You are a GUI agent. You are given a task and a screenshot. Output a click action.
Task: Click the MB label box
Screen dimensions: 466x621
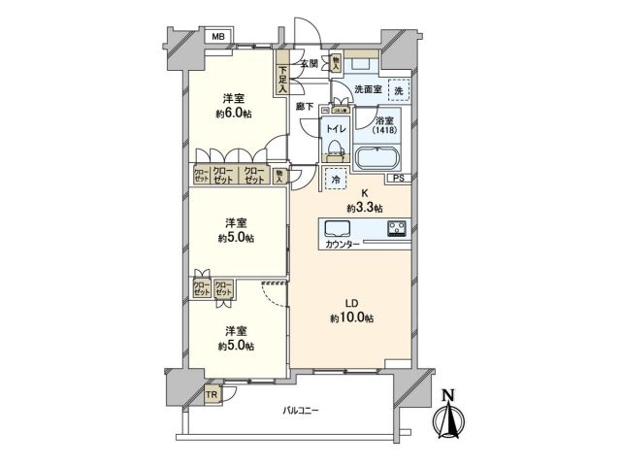[218, 38]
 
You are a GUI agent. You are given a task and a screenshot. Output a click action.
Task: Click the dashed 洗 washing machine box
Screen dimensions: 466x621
[398, 88]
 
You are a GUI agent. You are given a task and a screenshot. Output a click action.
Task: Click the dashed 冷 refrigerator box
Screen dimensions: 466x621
[335, 180]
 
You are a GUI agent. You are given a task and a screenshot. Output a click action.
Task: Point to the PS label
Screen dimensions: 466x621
[399, 180]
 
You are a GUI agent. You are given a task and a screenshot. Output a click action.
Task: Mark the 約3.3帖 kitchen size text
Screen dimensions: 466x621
[365, 208]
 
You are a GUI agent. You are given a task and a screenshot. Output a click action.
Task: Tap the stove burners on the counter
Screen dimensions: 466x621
[397, 230]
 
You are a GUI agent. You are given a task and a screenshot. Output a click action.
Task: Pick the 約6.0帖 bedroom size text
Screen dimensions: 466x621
[231, 113]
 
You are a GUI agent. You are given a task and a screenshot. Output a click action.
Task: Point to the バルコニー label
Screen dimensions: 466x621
[301, 410]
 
